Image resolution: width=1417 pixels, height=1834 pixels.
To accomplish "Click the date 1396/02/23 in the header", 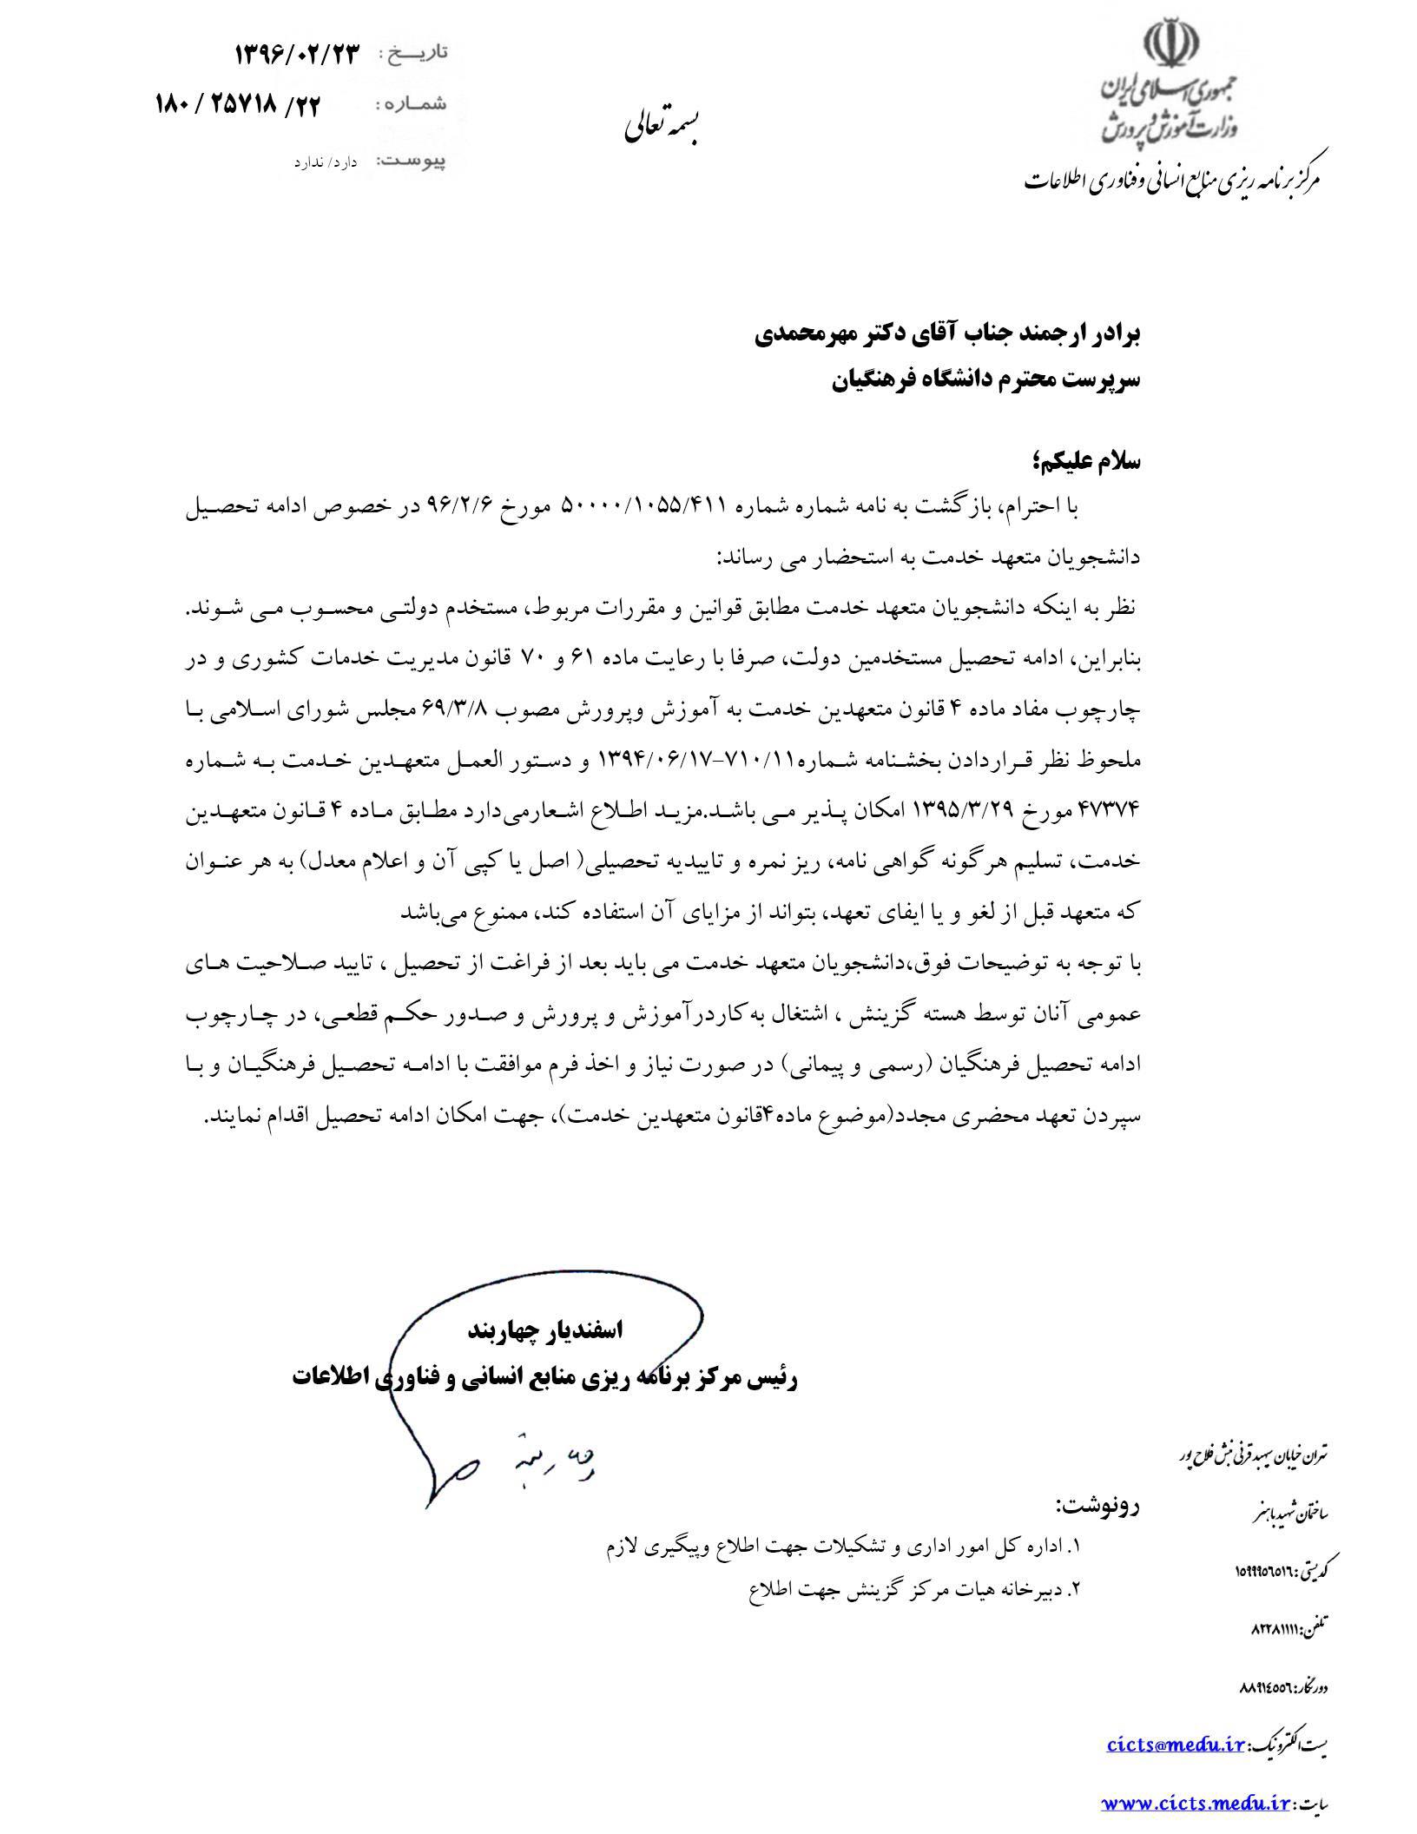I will pyautogui.click(x=296, y=55).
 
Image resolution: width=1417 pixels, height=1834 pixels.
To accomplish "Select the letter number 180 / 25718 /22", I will pyautogui.click(x=238, y=106).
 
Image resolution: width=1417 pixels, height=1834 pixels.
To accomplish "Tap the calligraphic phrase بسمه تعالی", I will pyautogui.click(x=663, y=129).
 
